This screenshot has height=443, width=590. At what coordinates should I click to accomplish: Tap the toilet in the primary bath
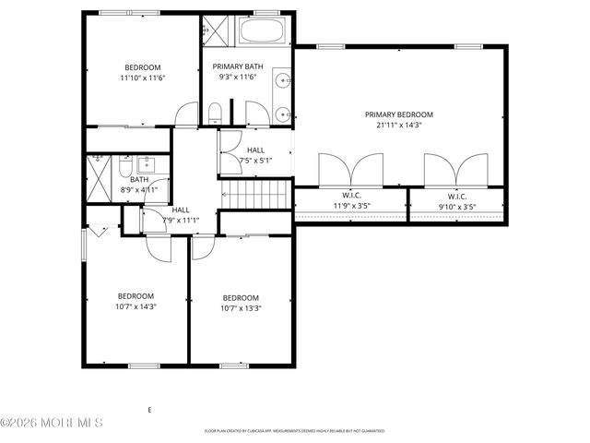[x=214, y=114]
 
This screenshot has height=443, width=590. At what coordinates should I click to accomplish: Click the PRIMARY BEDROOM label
[x=398, y=114]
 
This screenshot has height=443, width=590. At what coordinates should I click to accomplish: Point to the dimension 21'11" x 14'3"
[x=398, y=126]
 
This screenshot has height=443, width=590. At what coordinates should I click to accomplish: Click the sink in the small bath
[x=146, y=167]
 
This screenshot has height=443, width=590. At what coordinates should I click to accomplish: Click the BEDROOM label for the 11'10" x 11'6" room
[x=143, y=67]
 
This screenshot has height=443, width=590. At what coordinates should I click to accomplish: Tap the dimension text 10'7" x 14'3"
[x=136, y=306]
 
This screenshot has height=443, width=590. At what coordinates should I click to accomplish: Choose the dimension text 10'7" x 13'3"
[x=241, y=308]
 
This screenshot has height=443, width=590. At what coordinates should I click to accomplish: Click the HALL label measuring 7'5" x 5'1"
[x=255, y=150]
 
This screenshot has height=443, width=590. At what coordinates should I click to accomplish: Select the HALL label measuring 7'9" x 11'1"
[x=181, y=210]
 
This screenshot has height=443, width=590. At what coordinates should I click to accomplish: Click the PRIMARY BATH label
[x=237, y=67]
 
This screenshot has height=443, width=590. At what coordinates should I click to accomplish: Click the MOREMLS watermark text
[x=53, y=423]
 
